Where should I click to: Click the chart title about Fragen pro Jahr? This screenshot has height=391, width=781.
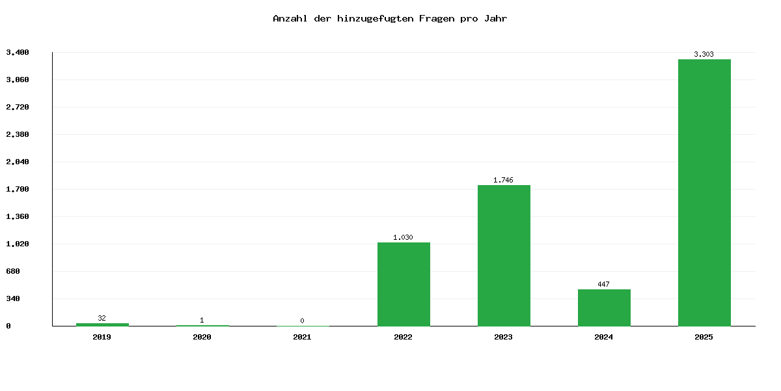coord(390,18)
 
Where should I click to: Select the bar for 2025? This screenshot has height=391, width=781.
coord(704,192)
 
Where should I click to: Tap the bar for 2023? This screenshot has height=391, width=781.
coord(504,255)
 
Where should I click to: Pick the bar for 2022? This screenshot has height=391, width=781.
coord(404,284)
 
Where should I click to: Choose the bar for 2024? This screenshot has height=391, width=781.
coord(604,308)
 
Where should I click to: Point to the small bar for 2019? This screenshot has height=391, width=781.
coord(102,324)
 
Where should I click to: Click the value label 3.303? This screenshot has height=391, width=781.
coord(704,54)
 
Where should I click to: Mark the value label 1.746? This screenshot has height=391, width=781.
coord(504,180)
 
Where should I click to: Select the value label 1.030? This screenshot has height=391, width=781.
coord(404,237)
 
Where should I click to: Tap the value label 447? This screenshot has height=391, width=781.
coord(604,284)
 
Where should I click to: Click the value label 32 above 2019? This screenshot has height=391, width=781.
coord(102,318)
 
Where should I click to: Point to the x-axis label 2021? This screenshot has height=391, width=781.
coord(303,337)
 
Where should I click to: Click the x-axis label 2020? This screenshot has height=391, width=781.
coord(202,337)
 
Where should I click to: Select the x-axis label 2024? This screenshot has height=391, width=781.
coord(604,337)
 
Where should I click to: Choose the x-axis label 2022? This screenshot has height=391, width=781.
coord(404,337)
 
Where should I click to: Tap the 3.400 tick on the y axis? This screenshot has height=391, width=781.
coord(18,52)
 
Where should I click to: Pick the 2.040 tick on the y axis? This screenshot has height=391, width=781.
coord(18,162)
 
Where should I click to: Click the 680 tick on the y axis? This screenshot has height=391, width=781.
coord(14,271)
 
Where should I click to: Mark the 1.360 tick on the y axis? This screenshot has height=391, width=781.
coord(18,216)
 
